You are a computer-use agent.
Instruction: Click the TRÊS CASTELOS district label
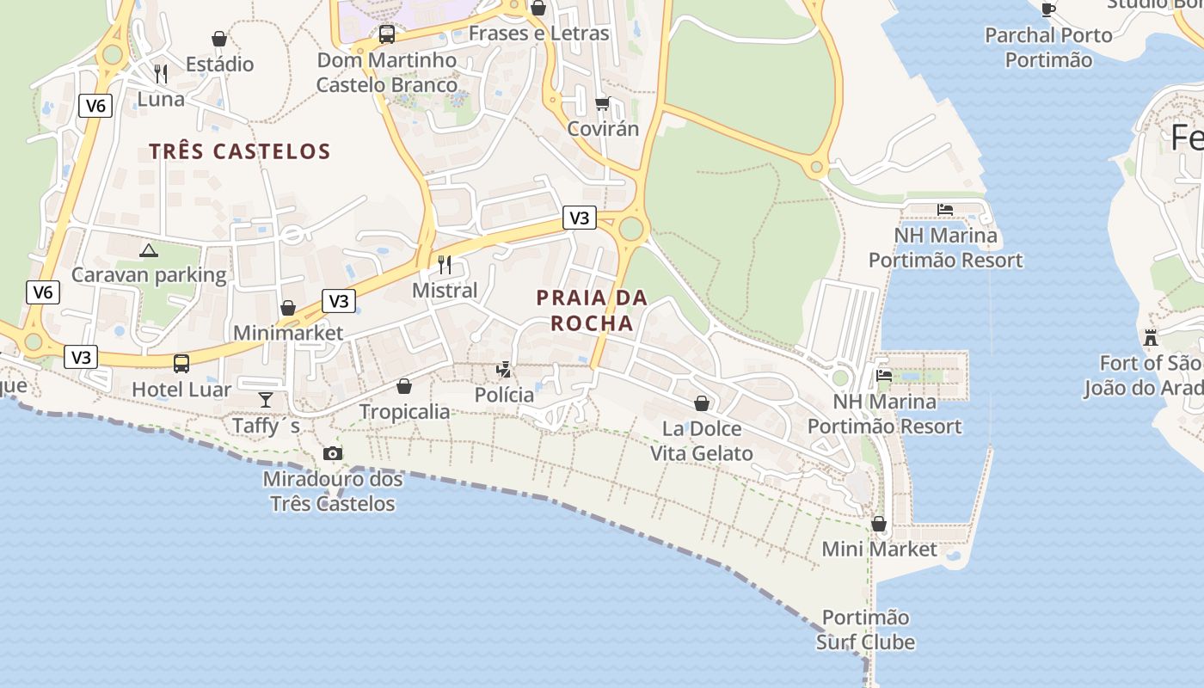click(x=240, y=151)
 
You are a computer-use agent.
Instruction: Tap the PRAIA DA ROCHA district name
click(x=592, y=310)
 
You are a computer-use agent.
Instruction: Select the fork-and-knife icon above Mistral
click(x=445, y=264)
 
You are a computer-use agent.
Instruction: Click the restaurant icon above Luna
click(x=161, y=74)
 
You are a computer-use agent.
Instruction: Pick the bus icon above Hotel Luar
click(x=181, y=364)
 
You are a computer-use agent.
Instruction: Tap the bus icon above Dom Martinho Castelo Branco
click(x=387, y=34)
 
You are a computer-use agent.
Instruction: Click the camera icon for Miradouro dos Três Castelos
click(x=333, y=453)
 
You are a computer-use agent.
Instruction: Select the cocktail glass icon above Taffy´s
click(x=266, y=400)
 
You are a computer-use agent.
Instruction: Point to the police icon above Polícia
click(x=504, y=370)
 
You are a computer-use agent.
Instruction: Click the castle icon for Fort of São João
click(x=1151, y=337)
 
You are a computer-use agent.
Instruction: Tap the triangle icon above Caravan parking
click(x=149, y=250)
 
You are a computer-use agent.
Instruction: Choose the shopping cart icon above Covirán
click(x=603, y=103)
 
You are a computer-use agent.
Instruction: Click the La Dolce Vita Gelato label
click(x=701, y=441)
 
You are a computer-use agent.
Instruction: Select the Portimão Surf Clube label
click(x=865, y=630)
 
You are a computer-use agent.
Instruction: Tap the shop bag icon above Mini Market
click(x=879, y=523)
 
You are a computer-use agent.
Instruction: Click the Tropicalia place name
click(x=404, y=411)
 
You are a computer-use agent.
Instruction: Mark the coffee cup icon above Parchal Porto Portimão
click(x=1047, y=9)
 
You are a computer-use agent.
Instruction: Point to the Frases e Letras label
click(x=538, y=34)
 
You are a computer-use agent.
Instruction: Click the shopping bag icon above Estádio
click(x=219, y=39)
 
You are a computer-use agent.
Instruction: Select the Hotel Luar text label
click(x=181, y=390)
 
